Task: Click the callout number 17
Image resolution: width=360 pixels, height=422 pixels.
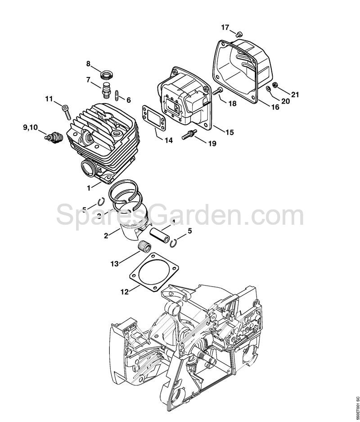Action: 225,27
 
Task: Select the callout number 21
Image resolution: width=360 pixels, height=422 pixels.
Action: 295,94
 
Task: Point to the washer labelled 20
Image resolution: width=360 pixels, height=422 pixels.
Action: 269,89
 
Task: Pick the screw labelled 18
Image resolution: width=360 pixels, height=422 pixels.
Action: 218,92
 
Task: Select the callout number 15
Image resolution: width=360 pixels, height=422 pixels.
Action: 229,132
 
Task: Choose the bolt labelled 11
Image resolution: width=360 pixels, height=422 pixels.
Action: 67,111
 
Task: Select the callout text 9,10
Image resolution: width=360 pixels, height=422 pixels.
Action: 31,128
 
